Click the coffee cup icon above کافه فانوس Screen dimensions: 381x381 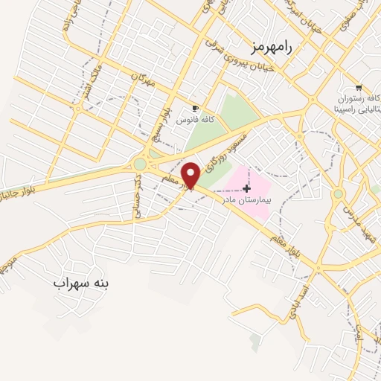[196, 108]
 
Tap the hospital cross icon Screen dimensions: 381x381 [247, 189]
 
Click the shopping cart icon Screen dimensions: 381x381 [358, 86]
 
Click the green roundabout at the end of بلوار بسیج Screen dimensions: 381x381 [140, 164]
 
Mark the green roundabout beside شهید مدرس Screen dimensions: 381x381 [338, 193]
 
